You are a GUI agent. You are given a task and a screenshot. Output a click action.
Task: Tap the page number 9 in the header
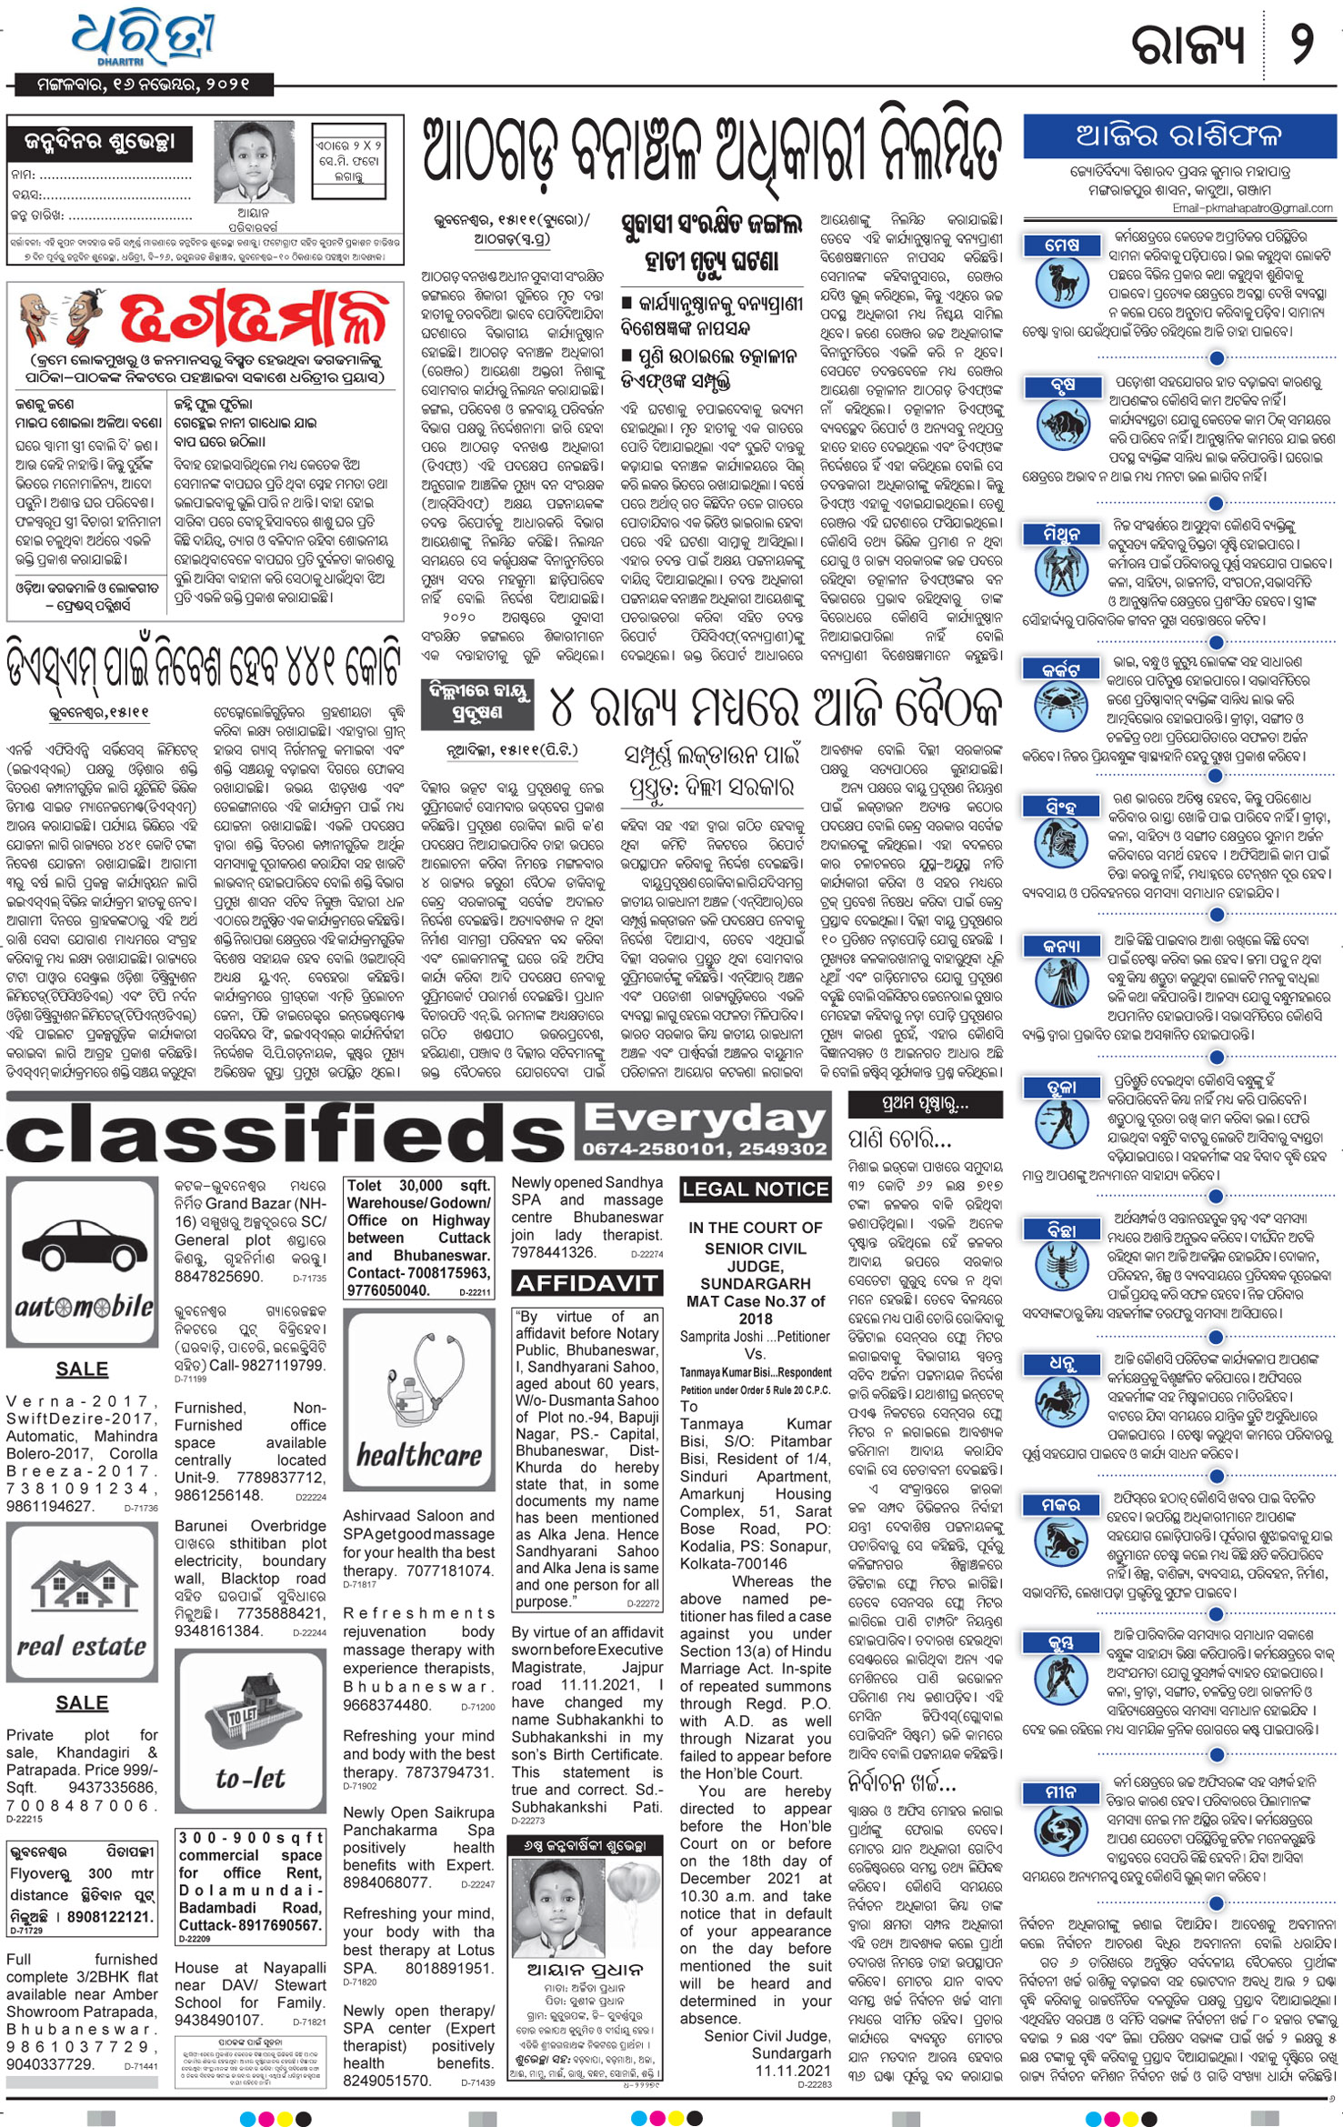[1303, 44]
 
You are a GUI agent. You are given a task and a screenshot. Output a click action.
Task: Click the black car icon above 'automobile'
[82, 1249]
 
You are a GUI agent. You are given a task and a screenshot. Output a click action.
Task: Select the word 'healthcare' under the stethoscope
[419, 1456]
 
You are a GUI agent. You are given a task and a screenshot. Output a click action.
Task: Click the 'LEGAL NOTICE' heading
[755, 1189]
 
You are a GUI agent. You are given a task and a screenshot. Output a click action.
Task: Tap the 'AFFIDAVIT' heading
[586, 1283]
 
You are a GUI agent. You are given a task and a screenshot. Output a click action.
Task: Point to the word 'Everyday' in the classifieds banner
[706, 1120]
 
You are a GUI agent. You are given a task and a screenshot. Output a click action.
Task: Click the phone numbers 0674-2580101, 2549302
[705, 1149]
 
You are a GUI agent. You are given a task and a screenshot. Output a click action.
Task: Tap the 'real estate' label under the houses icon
[82, 1646]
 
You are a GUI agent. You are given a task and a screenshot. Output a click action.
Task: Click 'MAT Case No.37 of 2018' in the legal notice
[755, 1309]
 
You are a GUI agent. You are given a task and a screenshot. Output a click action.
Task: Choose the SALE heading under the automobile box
[82, 1369]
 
